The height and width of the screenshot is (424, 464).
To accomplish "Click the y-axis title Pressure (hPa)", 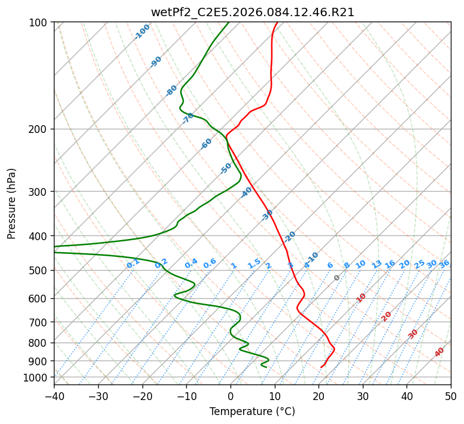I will tap(11, 204).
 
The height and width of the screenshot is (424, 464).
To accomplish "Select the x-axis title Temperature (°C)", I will tap(252, 411).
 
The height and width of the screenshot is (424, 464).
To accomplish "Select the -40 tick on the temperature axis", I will tap(54, 396).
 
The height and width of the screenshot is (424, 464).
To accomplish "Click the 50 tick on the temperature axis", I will tap(451, 396).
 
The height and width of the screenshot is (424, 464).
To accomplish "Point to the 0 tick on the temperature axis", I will tap(231, 396).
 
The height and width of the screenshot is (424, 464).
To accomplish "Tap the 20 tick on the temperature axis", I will tap(319, 396).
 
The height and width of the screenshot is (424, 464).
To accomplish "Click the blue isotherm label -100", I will tap(142, 32).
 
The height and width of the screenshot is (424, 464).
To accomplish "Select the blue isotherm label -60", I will tap(207, 144).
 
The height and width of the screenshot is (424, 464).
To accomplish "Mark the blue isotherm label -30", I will tap(268, 214).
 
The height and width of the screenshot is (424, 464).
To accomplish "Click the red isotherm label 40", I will tap(439, 352).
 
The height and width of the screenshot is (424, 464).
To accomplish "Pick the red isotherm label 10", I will tap(361, 298).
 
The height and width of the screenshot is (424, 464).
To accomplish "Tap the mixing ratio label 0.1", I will tap(133, 264).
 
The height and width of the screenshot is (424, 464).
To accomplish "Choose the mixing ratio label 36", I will tap(444, 264).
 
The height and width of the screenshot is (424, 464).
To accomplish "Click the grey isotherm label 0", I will tap(337, 278).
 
